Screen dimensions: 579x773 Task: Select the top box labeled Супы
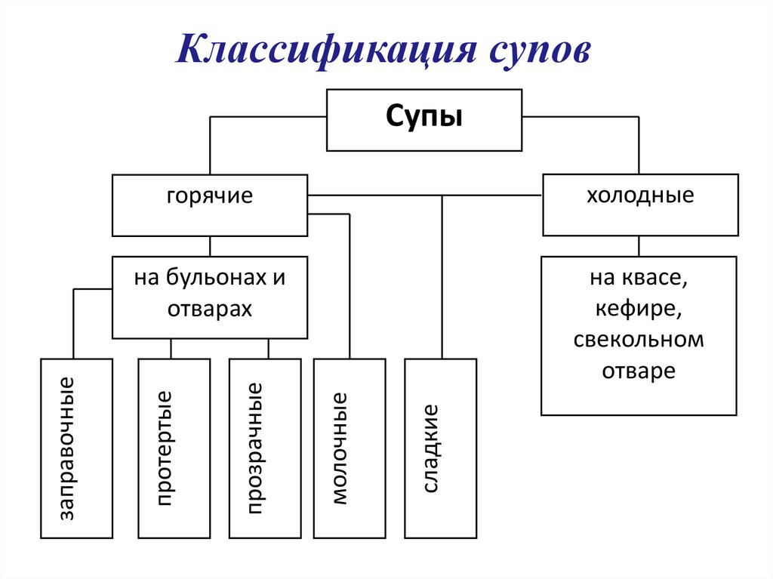[423, 119]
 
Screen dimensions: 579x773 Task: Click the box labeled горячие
[210, 205]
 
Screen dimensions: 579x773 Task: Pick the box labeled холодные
[640, 205]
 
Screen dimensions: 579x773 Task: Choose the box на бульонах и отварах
[210, 297]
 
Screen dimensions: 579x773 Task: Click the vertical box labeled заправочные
[76, 448]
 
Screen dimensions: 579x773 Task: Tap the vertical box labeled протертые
[174, 448]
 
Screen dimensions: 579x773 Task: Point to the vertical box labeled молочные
[349, 448]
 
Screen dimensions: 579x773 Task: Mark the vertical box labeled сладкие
[440, 448]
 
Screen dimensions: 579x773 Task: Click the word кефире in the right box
[639, 310]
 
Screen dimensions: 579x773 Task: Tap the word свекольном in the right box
[639, 340]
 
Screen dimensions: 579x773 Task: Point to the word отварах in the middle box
[210, 310]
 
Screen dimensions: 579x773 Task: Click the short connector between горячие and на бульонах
[210, 246]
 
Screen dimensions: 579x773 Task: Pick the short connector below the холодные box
[639, 246]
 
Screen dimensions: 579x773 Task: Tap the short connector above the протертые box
[171, 348]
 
